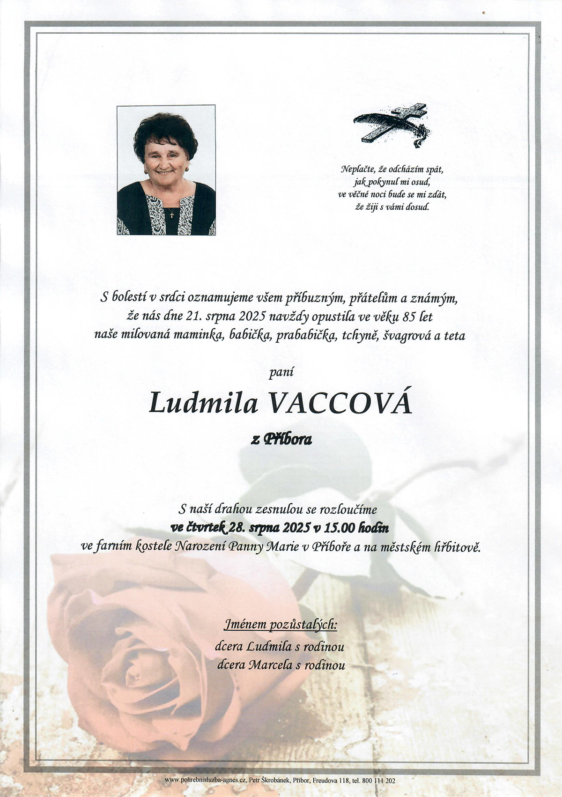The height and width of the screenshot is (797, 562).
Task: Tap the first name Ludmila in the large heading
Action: (203, 404)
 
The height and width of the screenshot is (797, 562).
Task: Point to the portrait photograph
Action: (166, 170)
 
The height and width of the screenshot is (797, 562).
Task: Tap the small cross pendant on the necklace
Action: (171, 214)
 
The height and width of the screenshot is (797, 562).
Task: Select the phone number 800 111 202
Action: (382, 781)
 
